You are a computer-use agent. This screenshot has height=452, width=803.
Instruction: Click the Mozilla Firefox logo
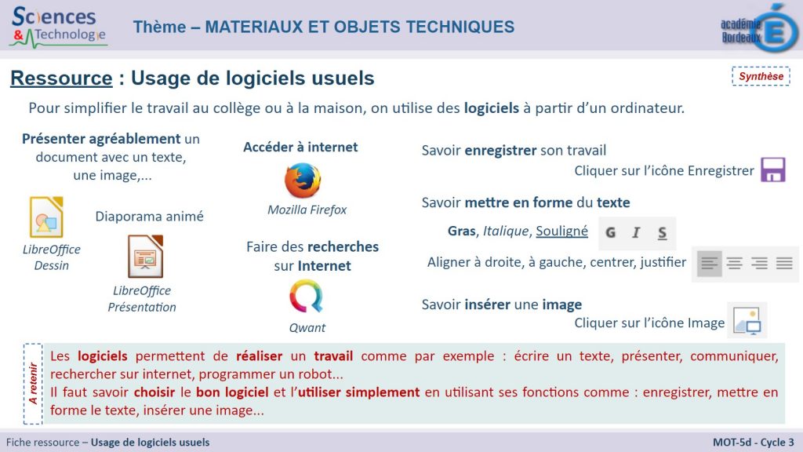(303, 180)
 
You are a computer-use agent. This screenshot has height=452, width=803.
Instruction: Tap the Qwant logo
(307, 296)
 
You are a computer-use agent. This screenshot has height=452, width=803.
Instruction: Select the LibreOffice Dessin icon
(46, 217)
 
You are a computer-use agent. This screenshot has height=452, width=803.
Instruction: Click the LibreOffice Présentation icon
(145, 257)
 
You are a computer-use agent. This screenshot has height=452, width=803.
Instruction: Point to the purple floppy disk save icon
(772, 169)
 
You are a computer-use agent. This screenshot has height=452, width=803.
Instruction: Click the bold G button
(610, 232)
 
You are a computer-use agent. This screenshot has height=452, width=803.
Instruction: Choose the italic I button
(636, 232)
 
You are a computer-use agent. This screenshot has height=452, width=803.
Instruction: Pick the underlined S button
(662, 233)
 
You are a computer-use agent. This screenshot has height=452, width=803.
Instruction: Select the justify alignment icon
(784, 264)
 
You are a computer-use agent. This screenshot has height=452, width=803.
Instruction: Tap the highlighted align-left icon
(709, 264)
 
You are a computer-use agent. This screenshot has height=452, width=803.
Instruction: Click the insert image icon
(747, 320)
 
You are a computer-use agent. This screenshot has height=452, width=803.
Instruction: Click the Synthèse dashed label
(761, 76)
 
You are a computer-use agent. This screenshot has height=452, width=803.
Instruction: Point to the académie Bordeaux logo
(759, 28)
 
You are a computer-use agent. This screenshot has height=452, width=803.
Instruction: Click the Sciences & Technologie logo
(58, 27)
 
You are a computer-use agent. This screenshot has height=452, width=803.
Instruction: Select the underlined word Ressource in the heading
(61, 78)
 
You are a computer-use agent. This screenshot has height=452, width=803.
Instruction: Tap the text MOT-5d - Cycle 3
(754, 443)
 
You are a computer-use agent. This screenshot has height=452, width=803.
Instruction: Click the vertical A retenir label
(33, 383)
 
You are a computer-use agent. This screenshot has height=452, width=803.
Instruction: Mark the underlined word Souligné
(561, 231)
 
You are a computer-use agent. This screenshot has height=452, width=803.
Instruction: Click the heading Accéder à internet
(300, 147)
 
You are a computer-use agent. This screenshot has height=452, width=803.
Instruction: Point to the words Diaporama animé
(150, 217)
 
